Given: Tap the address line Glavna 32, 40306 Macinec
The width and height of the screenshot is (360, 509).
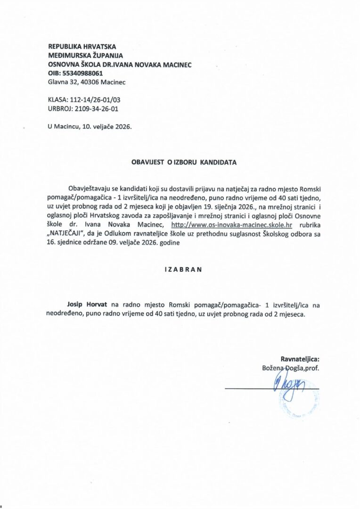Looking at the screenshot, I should click(87, 82).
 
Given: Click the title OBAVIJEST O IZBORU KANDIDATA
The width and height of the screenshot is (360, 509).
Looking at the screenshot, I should click(184, 162).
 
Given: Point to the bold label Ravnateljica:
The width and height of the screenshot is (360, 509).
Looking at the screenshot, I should click(300, 359).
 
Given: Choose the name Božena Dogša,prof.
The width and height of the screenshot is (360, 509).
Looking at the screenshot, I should click(290, 368).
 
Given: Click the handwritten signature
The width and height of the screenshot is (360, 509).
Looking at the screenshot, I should click(289, 387).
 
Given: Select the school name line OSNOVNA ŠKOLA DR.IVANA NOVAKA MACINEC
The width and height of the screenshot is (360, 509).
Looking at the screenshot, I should click(120, 65).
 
